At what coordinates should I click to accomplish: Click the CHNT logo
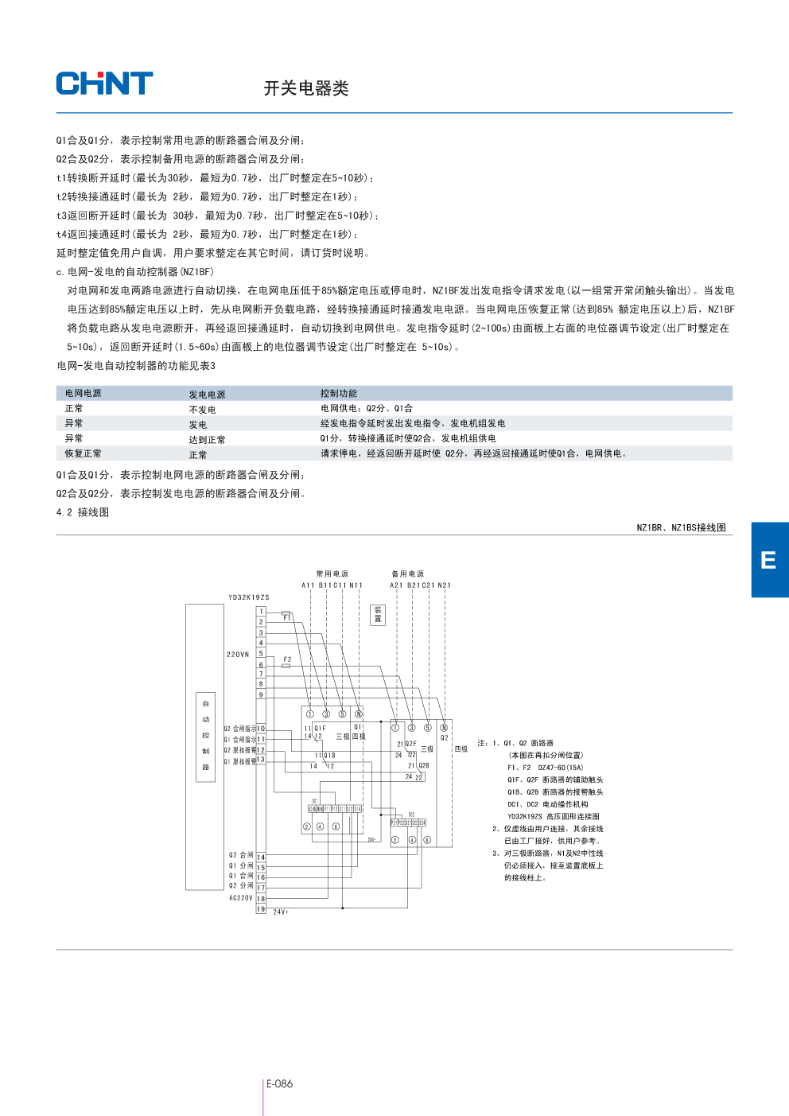(104, 84)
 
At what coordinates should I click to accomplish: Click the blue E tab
(769, 560)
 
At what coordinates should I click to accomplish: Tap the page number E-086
(279, 1083)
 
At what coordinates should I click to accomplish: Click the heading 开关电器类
(306, 88)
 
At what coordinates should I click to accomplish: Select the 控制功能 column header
(339, 394)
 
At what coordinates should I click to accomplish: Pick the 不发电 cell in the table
(202, 410)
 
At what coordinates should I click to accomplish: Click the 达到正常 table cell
(207, 440)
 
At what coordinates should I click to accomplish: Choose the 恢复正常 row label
(84, 453)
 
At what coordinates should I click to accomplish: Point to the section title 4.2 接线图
(83, 512)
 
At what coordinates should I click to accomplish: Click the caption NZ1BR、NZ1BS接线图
(681, 527)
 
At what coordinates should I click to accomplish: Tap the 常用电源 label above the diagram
(332, 574)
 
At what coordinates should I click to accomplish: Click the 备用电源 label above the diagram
(407, 574)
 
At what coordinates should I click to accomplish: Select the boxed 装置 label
(378, 615)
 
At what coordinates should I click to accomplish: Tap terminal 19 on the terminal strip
(261, 908)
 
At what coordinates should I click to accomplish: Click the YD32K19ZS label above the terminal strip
(248, 597)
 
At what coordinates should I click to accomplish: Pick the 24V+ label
(281, 912)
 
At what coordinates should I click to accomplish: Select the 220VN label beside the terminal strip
(238, 655)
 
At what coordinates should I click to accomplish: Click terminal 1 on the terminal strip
(261, 612)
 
